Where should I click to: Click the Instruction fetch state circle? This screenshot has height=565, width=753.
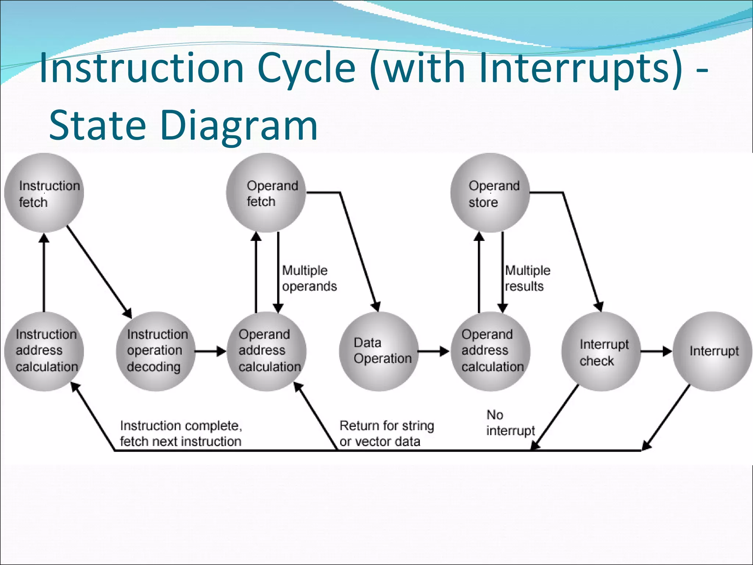coord(44,193)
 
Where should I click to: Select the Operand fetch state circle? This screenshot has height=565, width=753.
coord(266,193)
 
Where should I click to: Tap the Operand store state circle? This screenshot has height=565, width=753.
coord(490,193)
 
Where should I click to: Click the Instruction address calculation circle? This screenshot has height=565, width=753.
coord(44,351)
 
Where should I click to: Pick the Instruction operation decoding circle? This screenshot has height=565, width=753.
coord(156,351)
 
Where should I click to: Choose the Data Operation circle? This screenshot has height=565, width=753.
coord(379,351)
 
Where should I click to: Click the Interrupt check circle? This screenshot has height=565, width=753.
coord(601,351)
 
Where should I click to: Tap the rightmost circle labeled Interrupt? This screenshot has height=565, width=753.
coord(713,351)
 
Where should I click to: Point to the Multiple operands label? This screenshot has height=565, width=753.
coord(309,278)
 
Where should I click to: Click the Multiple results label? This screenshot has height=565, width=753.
coord(527,278)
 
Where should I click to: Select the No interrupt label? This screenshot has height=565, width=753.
coord(510,423)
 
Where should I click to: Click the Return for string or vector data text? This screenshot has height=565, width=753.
coord(386,434)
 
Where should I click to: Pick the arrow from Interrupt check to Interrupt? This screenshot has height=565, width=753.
coord(656,351)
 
